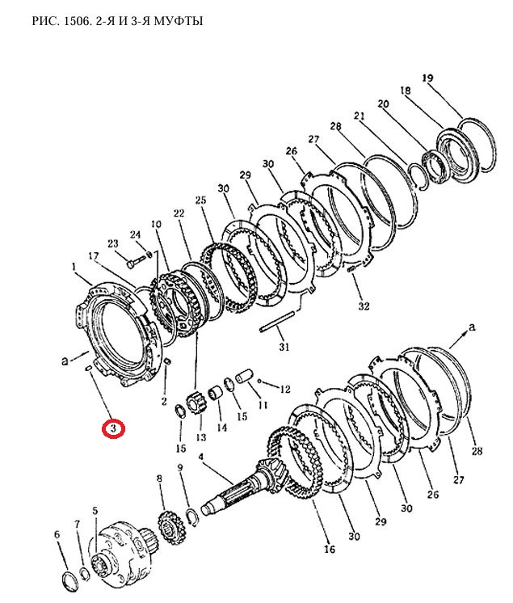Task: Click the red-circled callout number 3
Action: (x=113, y=428)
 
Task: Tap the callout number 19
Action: (x=427, y=78)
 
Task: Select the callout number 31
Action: (x=284, y=347)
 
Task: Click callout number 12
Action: (x=284, y=389)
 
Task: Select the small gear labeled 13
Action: (x=196, y=404)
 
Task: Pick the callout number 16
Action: (x=330, y=549)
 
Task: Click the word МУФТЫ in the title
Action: (x=179, y=21)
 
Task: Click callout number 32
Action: (x=364, y=306)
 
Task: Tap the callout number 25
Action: (x=200, y=200)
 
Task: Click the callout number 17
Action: (x=93, y=255)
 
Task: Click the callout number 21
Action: (x=359, y=116)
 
